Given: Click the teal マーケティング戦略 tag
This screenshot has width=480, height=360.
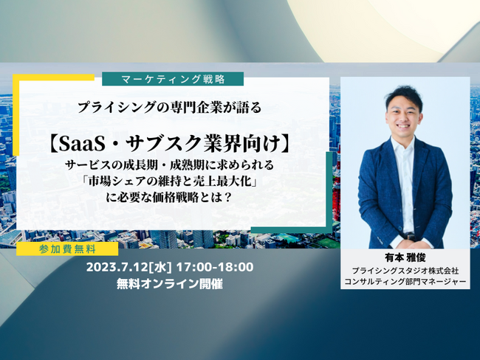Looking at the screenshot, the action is pyautogui.click(x=173, y=79).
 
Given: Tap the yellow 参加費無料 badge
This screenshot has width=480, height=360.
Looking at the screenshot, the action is pyautogui.click(x=67, y=249).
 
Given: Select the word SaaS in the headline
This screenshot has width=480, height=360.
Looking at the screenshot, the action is pyautogui.click(x=82, y=144).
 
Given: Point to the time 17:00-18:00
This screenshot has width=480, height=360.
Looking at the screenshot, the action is pyautogui.click(x=215, y=267).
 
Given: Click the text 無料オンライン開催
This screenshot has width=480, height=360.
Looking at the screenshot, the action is pyautogui.click(x=170, y=284).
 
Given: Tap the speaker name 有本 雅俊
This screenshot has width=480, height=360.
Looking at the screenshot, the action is pyautogui.click(x=405, y=257).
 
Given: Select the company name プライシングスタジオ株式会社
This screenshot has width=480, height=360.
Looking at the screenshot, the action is pyautogui.click(x=405, y=271).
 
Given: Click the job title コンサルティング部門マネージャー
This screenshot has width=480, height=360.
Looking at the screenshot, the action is pyautogui.click(x=405, y=281).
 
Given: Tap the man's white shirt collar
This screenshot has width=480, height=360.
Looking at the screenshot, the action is pyautogui.click(x=405, y=144).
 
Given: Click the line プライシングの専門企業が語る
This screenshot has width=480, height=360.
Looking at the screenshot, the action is pyautogui.click(x=170, y=108).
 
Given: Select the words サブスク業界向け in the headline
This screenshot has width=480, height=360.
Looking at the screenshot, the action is pyautogui.click(x=203, y=144).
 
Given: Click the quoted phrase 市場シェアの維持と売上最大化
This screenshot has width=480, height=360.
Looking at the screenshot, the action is pyautogui.click(x=169, y=181).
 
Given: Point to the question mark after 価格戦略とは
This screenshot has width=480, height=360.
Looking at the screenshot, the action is pyautogui.click(x=227, y=198).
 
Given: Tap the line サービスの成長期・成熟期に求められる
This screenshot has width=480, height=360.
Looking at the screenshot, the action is pyautogui.click(x=169, y=165).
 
